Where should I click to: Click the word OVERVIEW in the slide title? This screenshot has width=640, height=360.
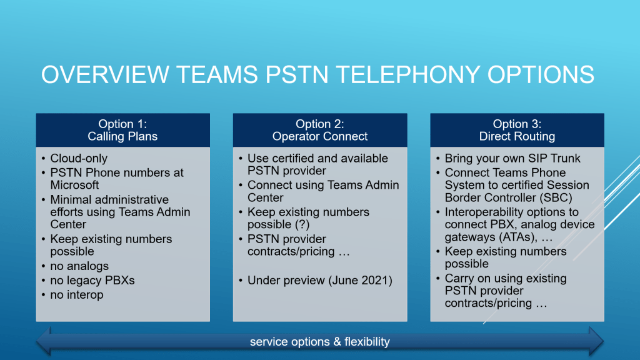pyautogui.click(x=105, y=75)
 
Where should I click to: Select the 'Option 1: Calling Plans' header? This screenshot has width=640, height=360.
pyautogui.click(x=123, y=130)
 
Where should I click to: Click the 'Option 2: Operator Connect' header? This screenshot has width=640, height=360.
pyautogui.click(x=320, y=130)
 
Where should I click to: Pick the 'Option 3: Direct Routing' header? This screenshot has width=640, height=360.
pyautogui.click(x=517, y=130)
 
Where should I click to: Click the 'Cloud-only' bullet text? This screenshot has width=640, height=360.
pyautogui.click(x=79, y=158)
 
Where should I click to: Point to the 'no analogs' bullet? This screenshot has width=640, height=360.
pyautogui.click(x=79, y=266)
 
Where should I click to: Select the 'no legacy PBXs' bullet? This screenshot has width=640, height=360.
pyautogui.click(x=92, y=281)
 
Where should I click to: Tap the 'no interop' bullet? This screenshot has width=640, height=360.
pyautogui.click(x=77, y=295)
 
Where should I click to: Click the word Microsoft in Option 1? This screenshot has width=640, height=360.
pyautogui.click(x=74, y=185)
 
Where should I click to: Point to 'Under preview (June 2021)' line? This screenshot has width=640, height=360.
pyautogui.click(x=319, y=281)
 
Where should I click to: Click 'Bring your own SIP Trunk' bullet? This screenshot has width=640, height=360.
pyautogui.click(x=512, y=158)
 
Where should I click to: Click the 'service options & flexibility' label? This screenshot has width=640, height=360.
pyautogui.click(x=319, y=342)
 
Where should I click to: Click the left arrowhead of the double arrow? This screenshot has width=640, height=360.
pyautogui.click(x=44, y=341)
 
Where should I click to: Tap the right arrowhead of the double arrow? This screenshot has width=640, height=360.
pyautogui.click(x=596, y=341)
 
